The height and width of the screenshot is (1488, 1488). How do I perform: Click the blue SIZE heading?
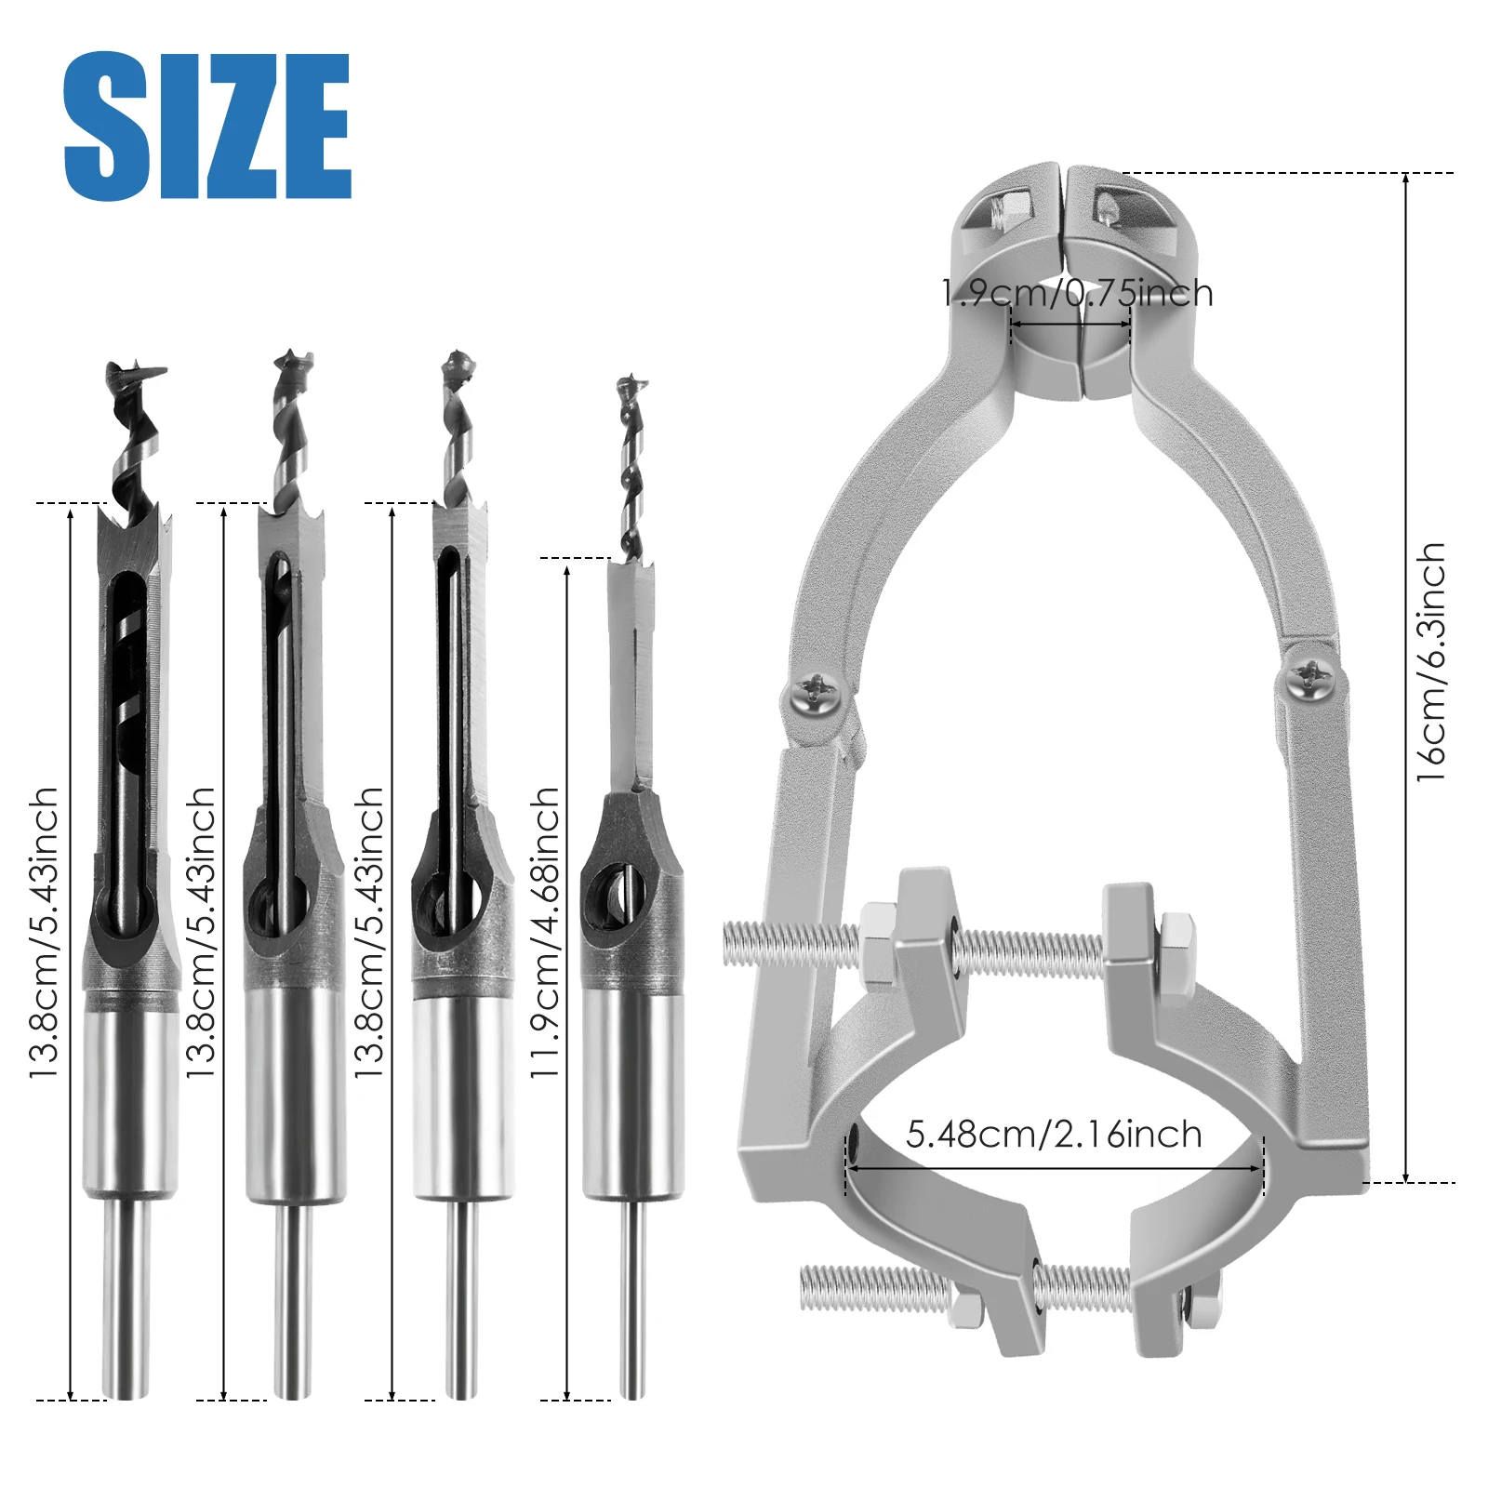[x=206, y=126]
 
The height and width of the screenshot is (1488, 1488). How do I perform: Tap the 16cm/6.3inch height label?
[x=1430, y=662]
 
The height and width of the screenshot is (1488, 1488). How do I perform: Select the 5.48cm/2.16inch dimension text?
[x=1054, y=1135]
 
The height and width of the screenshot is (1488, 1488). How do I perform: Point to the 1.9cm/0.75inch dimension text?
[x=1077, y=294]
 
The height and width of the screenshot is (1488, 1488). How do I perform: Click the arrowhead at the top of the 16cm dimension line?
[x=1405, y=179]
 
